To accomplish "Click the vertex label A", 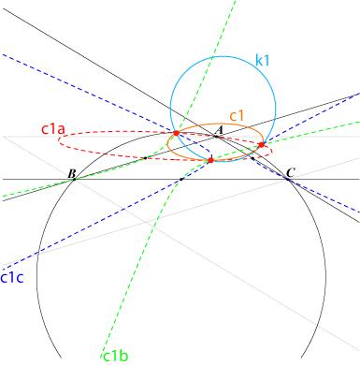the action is [x=219, y=130].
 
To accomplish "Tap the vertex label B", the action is [x=72, y=173].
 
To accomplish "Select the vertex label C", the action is [x=291, y=172].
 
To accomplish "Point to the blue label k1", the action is [x=262, y=60].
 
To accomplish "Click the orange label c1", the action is [x=237, y=116].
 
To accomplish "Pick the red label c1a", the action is [x=53, y=129].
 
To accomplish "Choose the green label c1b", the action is [x=115, y=356].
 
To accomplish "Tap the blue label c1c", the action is [x=12, y=277].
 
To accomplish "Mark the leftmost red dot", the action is [x=177, y=133].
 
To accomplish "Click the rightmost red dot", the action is [x=262, y=144].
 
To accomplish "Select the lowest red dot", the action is [x=210, y=160].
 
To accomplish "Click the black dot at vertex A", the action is [x=216, y=137].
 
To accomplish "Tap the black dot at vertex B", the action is [x=74, y=179].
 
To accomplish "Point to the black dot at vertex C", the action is [x=288, y=179].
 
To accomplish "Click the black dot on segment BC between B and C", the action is [x=181, y=179].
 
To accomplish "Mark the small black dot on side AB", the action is [x=145, y=158].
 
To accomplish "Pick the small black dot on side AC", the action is [x=252, y=158].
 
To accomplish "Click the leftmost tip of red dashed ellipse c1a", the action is [x=58, y=141].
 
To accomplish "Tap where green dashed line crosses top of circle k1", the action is [x=212, y=57].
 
